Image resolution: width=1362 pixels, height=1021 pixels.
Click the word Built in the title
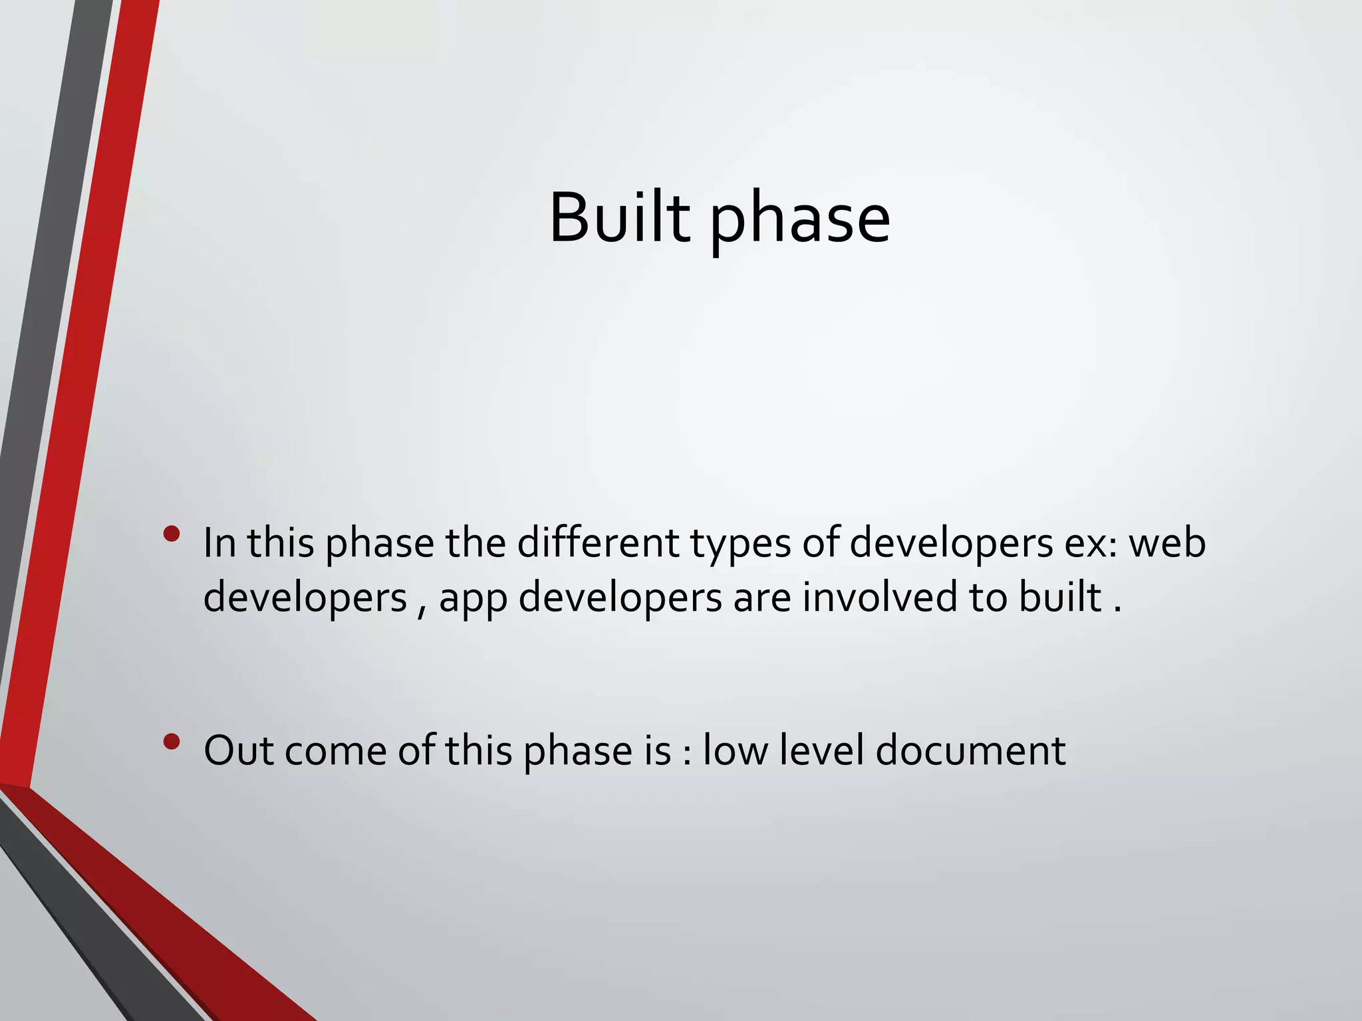tap(618, 218)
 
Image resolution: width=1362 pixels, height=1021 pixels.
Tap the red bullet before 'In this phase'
tap(172, 534)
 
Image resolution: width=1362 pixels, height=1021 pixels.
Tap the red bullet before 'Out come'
tap(172, 742)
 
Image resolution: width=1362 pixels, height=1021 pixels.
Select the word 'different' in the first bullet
tap(597, 542)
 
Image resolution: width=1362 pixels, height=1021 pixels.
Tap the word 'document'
tap(970, 751)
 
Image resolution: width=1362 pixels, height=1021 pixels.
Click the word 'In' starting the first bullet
tap(219, 542)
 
